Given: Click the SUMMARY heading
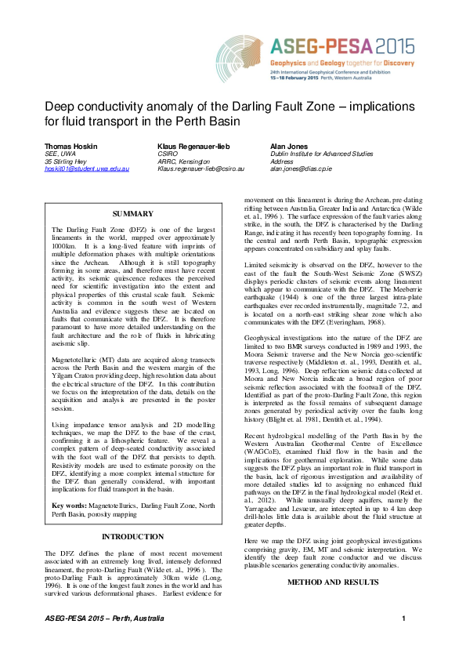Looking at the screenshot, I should [x=133, y=212].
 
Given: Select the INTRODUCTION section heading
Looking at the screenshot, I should [x=133, y=536].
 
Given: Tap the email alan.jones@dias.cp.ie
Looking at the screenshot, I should [x=302, y=169].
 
